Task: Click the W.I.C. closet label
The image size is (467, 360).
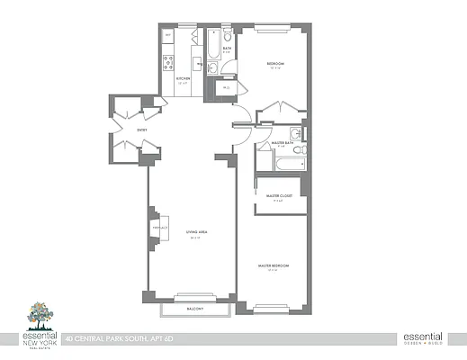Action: tap(227, 87)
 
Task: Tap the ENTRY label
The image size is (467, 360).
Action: tap(142, 130)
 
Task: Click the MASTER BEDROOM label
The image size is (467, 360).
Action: tap(273, 266)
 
